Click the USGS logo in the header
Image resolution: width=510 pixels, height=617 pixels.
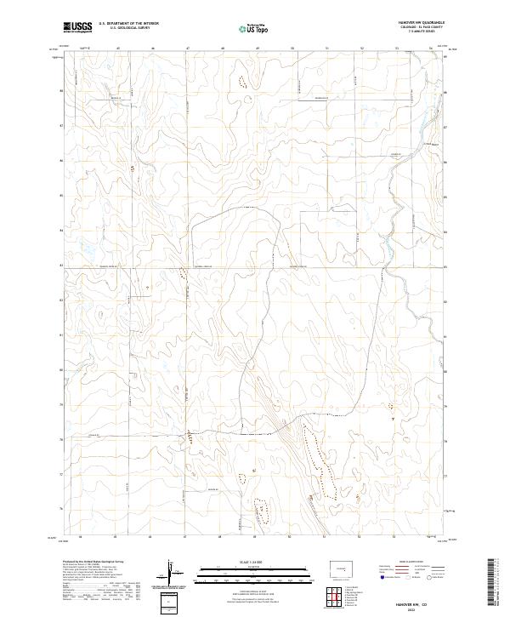point(78,27)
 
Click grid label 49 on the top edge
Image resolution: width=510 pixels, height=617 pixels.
point(257,49)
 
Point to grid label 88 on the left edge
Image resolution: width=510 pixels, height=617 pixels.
point(60,90)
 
